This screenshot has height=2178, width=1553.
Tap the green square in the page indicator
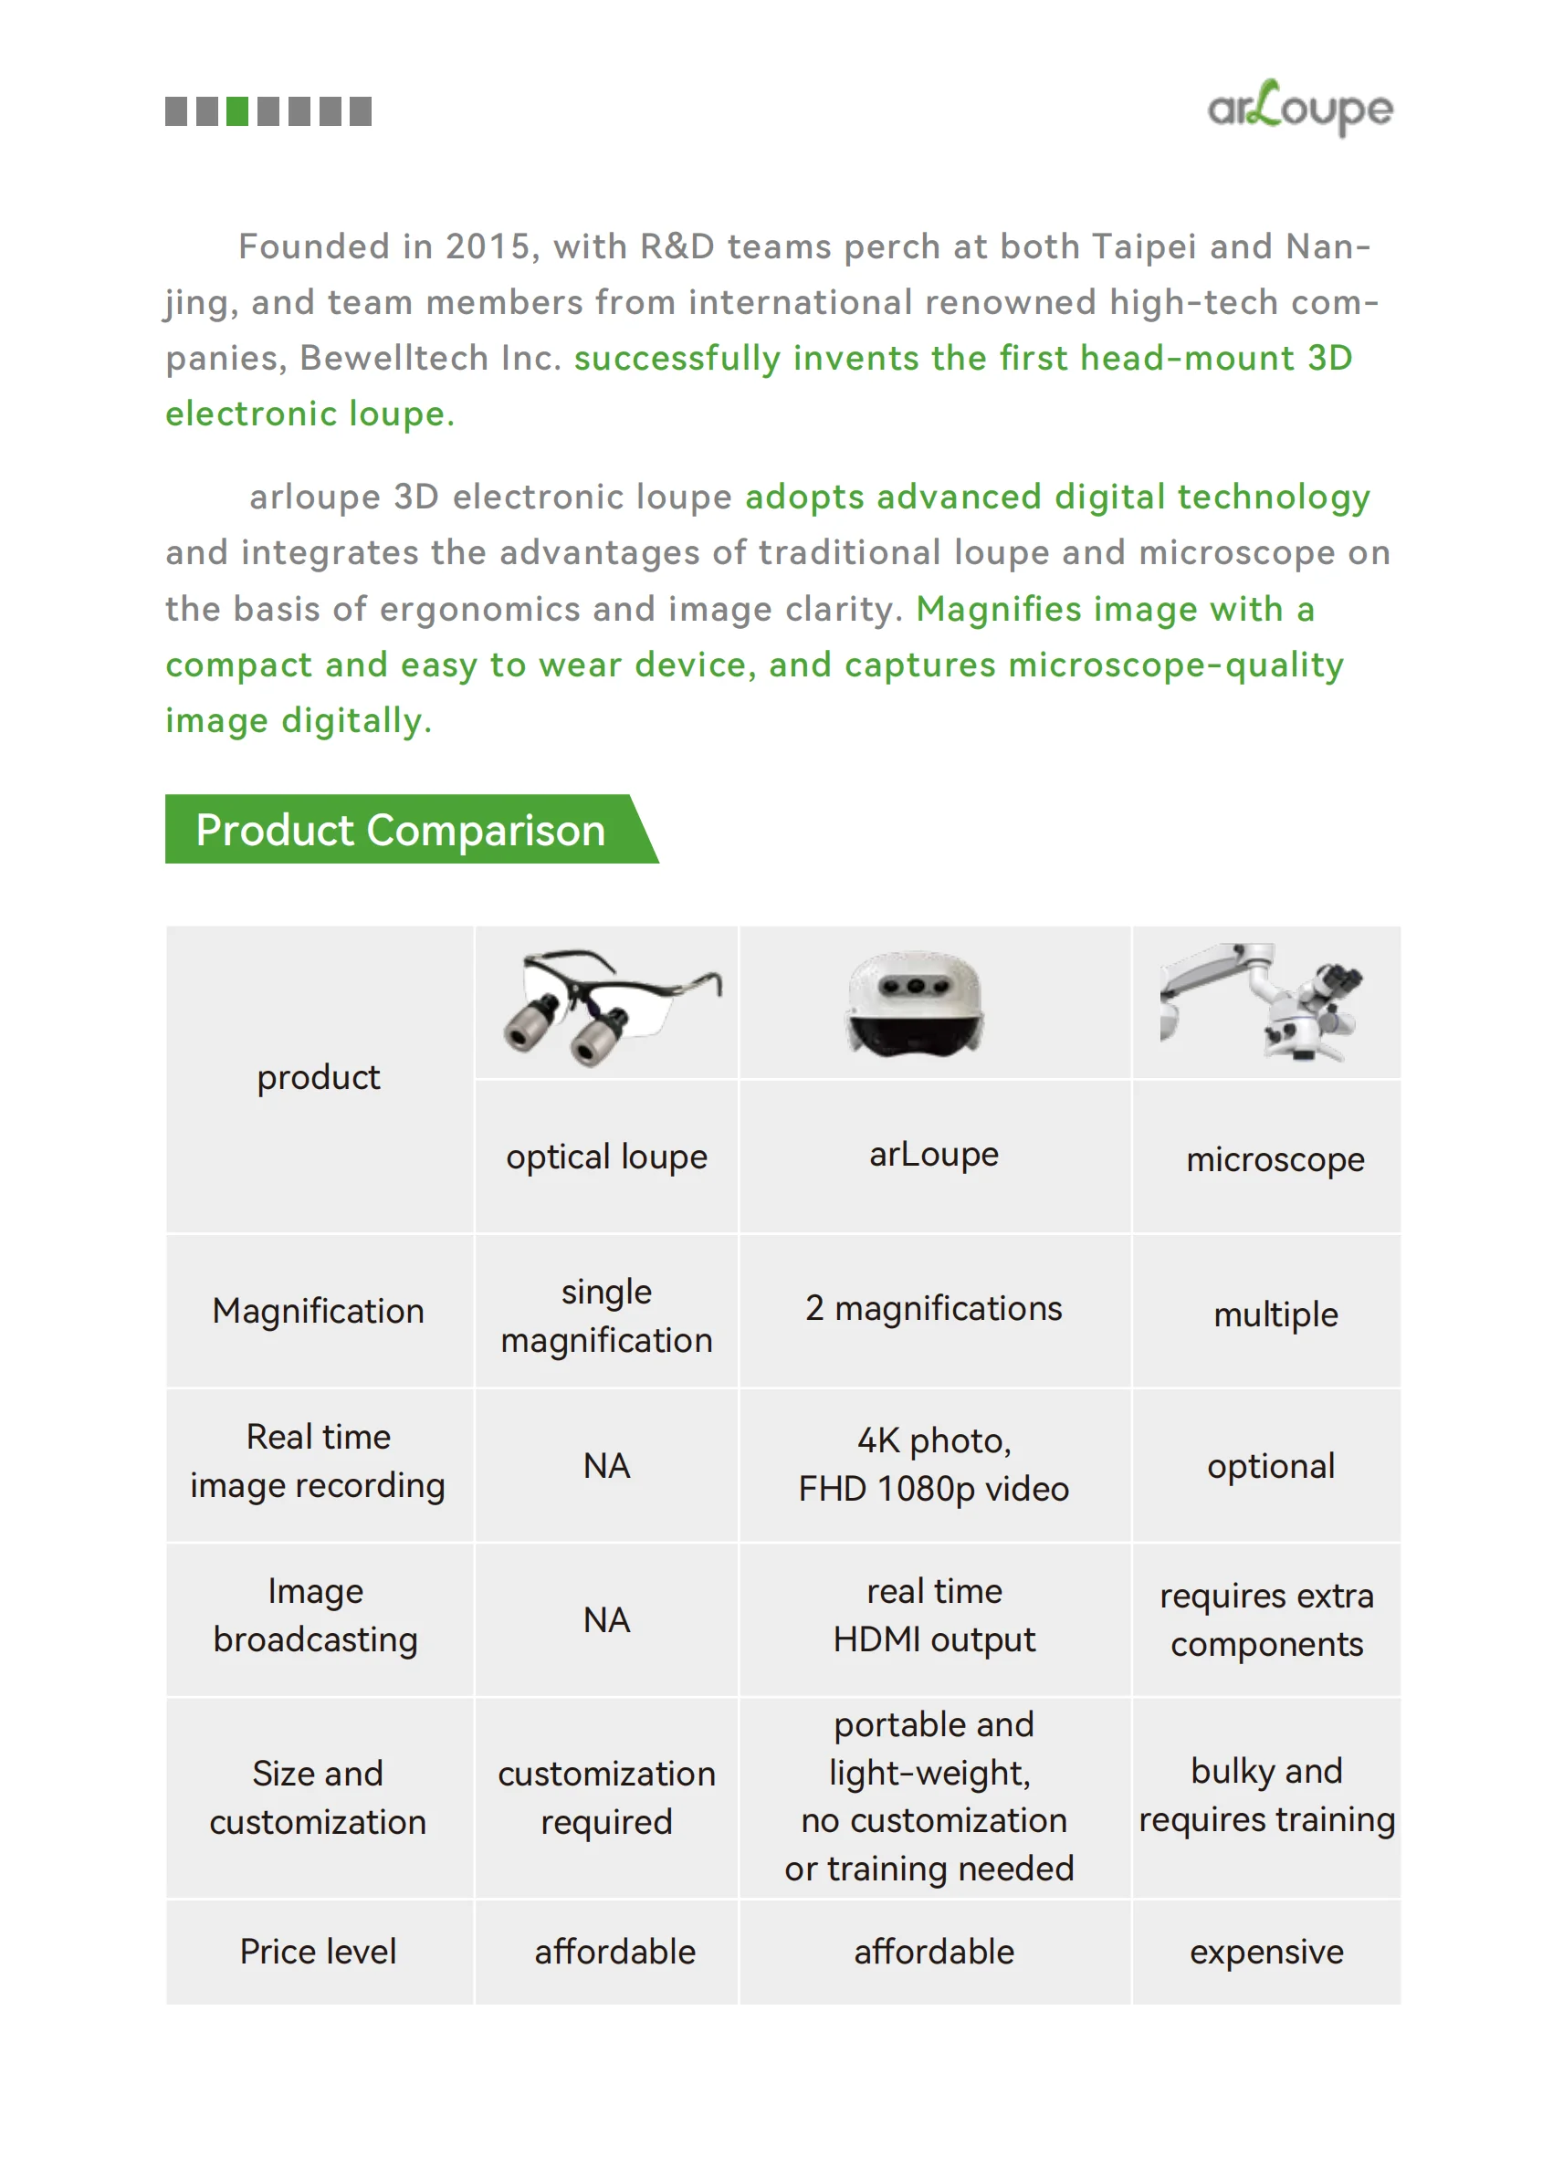click(x=237, y=112)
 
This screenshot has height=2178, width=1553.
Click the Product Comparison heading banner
click(x=401, y=829)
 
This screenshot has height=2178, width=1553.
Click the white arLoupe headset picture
click(x=915, y=1003)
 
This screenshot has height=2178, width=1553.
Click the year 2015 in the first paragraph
click(x=488, y=246)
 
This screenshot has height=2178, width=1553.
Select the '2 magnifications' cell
click(x=933, y=1308)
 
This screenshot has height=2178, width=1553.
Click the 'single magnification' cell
click(x=606, y=1315)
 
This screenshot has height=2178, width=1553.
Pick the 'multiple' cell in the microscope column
click(x=1275, y=1314)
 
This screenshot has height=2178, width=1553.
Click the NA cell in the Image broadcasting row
click(x=606, y=1619)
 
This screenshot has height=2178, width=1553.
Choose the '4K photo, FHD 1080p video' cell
click(x=933, y=1465)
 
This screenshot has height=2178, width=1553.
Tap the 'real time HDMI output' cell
click(x=933, y=1615)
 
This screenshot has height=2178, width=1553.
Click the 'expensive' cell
click(x=1266, y=1952)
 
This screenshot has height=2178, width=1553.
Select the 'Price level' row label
click(x=318, y=1952)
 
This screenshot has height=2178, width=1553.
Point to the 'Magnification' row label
click(x=318, y=1311)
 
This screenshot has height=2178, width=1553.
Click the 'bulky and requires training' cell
click(x=1266, y=1795)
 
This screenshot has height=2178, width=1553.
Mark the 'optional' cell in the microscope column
click(x=1270, y=1466)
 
